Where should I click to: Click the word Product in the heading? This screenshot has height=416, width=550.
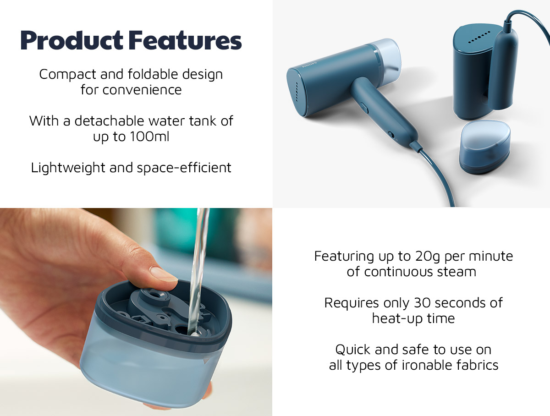71,41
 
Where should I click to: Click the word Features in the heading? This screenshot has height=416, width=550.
186,40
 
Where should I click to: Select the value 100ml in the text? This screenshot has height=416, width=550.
149,137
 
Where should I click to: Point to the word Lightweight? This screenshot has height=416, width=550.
68,168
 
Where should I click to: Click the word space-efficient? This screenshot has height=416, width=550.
184,168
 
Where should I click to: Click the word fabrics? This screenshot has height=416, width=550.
477,365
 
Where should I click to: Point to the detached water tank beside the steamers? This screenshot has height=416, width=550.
484,147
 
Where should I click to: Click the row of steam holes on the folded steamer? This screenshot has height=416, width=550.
479,37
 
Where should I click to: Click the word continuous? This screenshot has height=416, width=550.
399,272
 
